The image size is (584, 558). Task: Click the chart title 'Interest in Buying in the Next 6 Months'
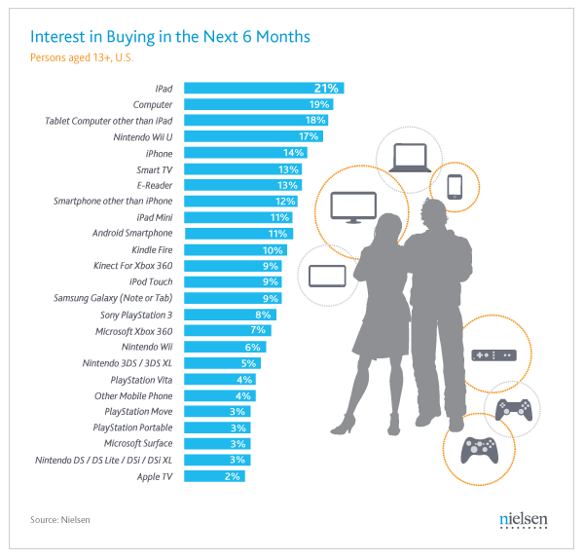pyautogui.click(x=170, y=37)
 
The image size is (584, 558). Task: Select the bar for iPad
pyautogui.click(x=263, y=88)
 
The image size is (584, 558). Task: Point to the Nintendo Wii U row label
pyautogui.click(x=140, y=136)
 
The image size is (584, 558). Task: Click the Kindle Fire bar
pyautogui.click(x=235, y=249)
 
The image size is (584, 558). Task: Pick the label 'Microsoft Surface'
pyautogui.click(x=136, y=444)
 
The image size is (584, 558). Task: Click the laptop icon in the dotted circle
pyautogui.click(x=408, y=158)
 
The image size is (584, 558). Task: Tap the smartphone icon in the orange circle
pyautogui.click(x=455, y=185)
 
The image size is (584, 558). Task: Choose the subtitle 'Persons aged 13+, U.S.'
pyautogui.click(x=88, y=56)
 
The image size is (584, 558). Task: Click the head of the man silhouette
pyautogui.click(x=435, y=210)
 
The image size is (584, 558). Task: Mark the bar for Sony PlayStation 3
pyautogui.click(x=230, y=315)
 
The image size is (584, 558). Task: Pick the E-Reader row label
pyautogui.click(x=154, y=185)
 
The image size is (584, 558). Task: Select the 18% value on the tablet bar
pyautogui.click(x=314, y=120)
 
